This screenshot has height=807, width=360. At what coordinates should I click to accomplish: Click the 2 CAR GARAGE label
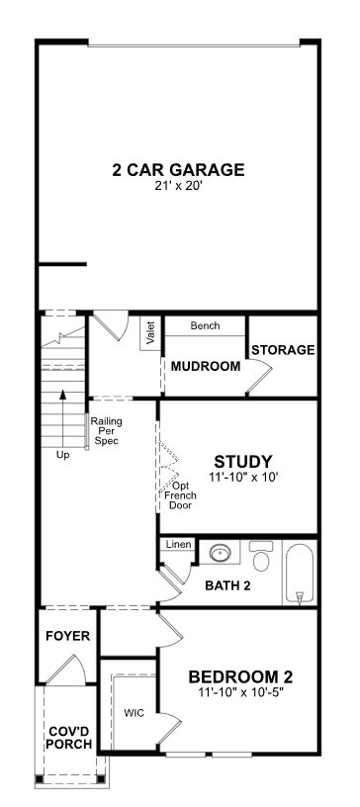[x=178, y=169]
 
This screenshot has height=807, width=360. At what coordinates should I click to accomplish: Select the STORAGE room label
[x=283, y=350]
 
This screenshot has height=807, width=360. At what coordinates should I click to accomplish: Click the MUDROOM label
[x=206, y=367]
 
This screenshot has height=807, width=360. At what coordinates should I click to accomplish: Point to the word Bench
[x=205, y=325]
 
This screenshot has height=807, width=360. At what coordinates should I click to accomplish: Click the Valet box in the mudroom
[x=151, y=333]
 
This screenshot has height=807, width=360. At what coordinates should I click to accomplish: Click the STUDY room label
[x=243, y=461]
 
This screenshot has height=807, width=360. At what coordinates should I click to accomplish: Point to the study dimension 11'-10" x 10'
[x=243, y=477]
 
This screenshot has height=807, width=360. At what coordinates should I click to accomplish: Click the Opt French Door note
[x=180, y=495]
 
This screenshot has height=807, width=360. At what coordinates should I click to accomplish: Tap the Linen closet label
[x=178, y=544]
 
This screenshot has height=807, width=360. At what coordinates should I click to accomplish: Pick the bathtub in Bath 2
[x=300, y=573]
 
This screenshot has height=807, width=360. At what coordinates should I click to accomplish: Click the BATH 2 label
[x=227, y=585]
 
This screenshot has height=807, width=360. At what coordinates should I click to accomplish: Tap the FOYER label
[x=67, y=636]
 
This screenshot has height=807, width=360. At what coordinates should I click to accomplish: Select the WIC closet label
[x=134, y=713]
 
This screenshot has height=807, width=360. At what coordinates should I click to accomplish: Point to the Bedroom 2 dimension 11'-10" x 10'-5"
[x=240, y=692]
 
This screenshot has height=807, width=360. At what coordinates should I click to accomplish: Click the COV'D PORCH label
[x=70, y=738]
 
